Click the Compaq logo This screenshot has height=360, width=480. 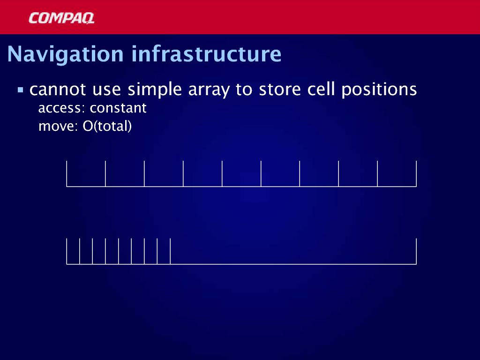coord(61,18)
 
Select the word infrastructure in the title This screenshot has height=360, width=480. coord(206,54)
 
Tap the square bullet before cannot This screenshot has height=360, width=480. coord(21,90)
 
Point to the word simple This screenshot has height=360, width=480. coord(155,90)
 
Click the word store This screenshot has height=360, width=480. coord(280,90)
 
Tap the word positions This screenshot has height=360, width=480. coord(379,90)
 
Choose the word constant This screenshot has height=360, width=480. coord(118,108)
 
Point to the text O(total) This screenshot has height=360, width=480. coord(107,126)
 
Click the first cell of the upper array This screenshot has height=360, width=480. coord(86,173)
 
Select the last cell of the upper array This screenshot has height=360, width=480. coord(397,173)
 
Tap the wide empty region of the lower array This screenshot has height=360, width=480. coord(293,251)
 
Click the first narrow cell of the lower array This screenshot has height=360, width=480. coord(73,251)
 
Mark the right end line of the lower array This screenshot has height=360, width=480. coord(416,251)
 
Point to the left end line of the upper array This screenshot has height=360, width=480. coord(67,173)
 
